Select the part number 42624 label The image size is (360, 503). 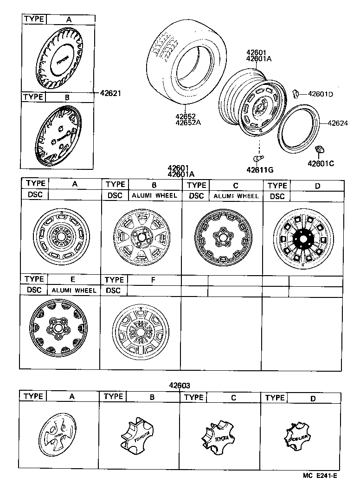pyautogui.click(x=338, y=123)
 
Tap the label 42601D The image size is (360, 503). pyautogui.click(x=321, y=94)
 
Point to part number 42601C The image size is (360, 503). pyautogui.click(x=321, y=163)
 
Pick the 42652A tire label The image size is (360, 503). pyautogui.click(x=188, y=123)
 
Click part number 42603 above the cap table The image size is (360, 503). pyautogui.click(x=180, y=385)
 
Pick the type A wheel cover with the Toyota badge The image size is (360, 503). pyautogui.click(x=59, y=58)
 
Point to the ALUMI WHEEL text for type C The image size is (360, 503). pyautogui.click(x=236, y=196)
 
